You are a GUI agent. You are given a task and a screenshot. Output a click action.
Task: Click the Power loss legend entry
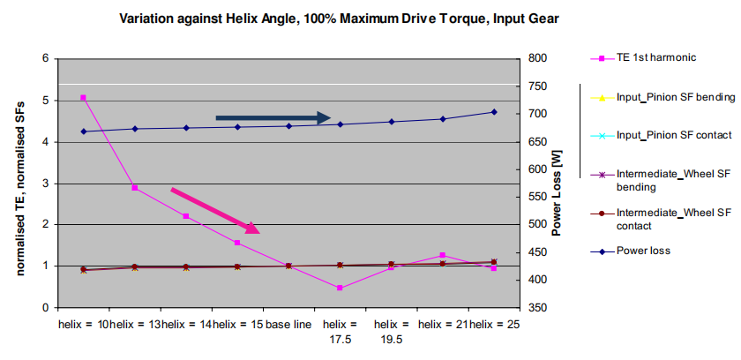click(x=643, y=251)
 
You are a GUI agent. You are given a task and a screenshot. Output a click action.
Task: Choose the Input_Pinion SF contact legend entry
click(x=674, y=135)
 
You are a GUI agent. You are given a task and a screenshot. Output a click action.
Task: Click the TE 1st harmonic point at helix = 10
click(x=83, y=97)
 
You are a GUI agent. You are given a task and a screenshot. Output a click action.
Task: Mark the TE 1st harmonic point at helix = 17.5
click(x=340, y=288)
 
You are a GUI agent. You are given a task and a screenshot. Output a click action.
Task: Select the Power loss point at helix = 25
click(x=493, y=112)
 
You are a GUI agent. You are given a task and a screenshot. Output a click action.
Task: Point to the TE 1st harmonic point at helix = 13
click(x=134, y=188)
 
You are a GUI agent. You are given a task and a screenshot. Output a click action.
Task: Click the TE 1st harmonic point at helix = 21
click(x=442, y=255)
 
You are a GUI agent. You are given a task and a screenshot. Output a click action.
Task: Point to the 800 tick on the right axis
click(x=537, y=59)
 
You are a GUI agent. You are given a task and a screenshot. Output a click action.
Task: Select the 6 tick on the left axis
click(x=45, y=59)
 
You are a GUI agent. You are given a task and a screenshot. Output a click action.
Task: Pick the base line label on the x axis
click(x=288, y=325)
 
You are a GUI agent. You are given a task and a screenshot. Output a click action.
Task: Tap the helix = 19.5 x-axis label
click(x=391, y=331)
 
